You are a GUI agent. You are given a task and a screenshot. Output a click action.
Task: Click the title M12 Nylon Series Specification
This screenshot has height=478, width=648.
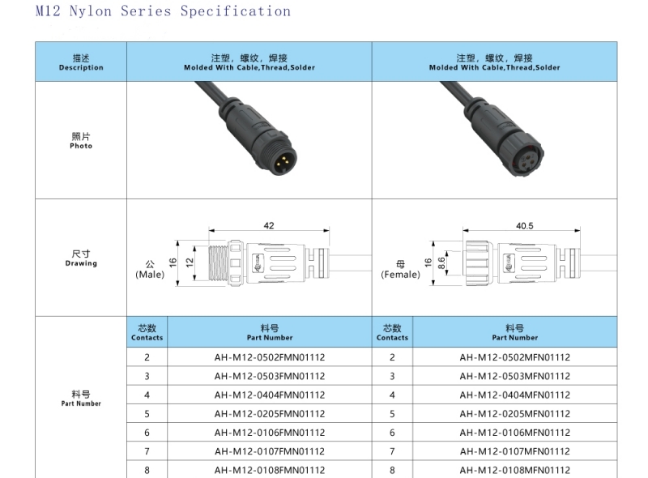(163, 11)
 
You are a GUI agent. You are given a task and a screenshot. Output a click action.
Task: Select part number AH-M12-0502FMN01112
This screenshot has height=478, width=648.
(270, 357)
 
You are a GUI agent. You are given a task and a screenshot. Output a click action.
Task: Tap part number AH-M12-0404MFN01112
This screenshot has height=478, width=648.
(514, 395)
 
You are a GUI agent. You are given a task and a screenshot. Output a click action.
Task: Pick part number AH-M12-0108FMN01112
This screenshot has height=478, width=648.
(270, 471)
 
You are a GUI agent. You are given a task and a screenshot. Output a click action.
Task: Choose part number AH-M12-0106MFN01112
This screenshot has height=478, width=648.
(514, 433)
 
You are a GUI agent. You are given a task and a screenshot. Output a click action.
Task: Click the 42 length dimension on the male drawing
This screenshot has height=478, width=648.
(269, 226)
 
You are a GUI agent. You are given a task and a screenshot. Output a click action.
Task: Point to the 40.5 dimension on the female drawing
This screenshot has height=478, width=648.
(524, 226)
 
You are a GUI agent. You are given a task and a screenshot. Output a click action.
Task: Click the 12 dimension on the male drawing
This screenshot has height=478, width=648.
(189, 262)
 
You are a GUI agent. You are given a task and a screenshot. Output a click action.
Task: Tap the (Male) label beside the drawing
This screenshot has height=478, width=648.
(150, 275)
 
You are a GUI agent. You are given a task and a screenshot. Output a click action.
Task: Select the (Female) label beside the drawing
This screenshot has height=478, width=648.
(401, 275)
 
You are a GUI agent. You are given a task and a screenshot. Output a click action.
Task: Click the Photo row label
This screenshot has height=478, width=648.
(81, 141)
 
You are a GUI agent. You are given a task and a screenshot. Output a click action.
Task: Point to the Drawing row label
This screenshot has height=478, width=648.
(81, 258)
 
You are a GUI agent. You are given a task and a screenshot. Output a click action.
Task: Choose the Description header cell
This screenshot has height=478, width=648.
(81, 62)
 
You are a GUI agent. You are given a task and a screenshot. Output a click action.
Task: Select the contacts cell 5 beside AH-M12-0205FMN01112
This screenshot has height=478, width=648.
(147, 414)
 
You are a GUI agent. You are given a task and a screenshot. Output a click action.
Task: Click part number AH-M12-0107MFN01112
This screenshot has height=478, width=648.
(514, 452)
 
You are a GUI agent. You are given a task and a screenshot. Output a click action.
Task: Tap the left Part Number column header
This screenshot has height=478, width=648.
(270, 332)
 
